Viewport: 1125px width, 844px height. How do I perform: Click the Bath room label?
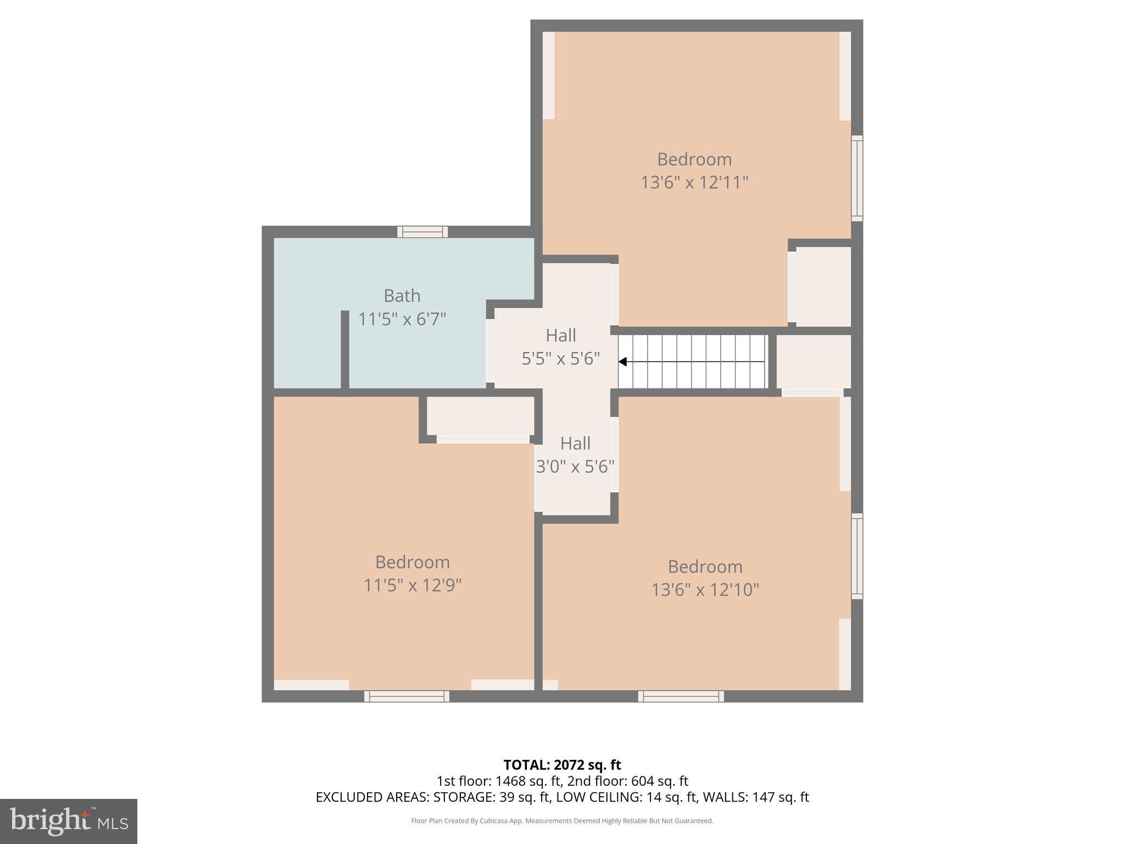[x=402, y=296]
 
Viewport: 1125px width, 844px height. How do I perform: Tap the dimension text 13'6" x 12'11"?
[x=694, y=182]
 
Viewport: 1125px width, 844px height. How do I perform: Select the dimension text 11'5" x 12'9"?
[x=412, y=585]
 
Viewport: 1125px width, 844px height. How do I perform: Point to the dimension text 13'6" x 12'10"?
[x=705, y=590]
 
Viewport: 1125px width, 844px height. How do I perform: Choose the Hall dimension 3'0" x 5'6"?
[x=575, y=467]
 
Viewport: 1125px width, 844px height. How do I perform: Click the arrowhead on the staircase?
[x=623, y=362]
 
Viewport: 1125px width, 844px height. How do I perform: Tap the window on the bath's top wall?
[x=422, y=232]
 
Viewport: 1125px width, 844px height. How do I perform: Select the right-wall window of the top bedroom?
[x=857, y=178]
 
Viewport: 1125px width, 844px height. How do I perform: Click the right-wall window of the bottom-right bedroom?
[x=857, y=556]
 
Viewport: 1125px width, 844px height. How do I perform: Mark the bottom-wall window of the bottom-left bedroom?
[x=406, y=696]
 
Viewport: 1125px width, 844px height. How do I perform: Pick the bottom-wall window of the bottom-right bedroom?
[x=681, y=696]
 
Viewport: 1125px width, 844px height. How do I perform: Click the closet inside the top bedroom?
[x=823, y=286]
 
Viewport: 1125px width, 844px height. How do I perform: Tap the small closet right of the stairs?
[x=813, y=362]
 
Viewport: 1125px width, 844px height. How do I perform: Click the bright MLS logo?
[x=68, y=821]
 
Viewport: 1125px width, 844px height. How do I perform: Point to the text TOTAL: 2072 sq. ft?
[x=562, y=765]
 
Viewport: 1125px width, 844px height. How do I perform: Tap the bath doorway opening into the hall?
[x=490, y=351]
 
